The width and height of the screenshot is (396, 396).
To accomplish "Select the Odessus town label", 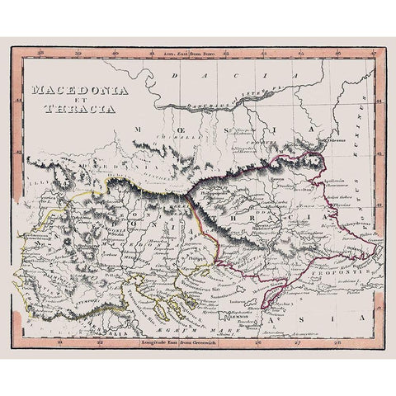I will [x=334, y=163].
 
